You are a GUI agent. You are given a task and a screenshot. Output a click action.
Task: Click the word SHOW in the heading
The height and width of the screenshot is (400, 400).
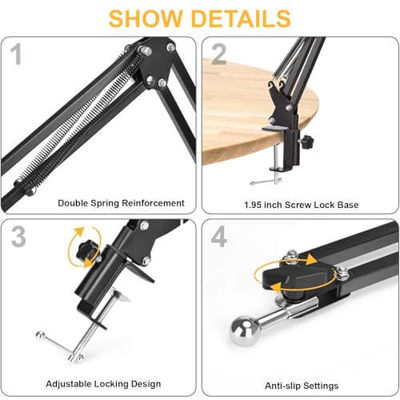coord(146,18)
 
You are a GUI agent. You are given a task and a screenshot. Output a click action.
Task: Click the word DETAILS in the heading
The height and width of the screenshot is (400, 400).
coord(241,18)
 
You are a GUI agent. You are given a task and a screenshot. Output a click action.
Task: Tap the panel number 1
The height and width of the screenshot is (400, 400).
coord(17,54)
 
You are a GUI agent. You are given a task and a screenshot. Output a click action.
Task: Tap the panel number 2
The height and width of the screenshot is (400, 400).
coord(218,54)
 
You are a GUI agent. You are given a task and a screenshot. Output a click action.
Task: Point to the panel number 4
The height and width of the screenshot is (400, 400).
coord(219,236)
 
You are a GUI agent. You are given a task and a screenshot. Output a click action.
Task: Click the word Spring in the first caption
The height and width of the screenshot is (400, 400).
coord(105,203)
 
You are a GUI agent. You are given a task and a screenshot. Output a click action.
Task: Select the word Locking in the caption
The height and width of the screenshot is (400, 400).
coord(111,384)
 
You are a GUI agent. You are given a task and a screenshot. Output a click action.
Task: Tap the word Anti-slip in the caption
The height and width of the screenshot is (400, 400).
coord(282,386)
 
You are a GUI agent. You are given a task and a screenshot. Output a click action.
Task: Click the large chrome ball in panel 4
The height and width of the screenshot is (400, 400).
coord(245,330)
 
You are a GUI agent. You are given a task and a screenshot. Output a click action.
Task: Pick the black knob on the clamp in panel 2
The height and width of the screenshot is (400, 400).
coord(306,140)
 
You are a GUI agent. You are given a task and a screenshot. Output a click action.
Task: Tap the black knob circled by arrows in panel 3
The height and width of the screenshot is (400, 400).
coord(85,250)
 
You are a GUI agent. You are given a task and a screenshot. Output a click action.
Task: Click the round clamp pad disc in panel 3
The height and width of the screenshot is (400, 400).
coord(120,294)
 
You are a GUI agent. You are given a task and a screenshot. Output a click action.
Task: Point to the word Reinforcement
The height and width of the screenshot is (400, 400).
coord(153,203)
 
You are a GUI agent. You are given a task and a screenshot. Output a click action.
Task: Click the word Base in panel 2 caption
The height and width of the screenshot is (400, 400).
coord(347,205)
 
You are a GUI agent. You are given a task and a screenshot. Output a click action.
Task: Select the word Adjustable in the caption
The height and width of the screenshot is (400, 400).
coord(70,384)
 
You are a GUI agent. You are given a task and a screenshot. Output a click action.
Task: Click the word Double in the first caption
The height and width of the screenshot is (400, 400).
coord(73,203)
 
